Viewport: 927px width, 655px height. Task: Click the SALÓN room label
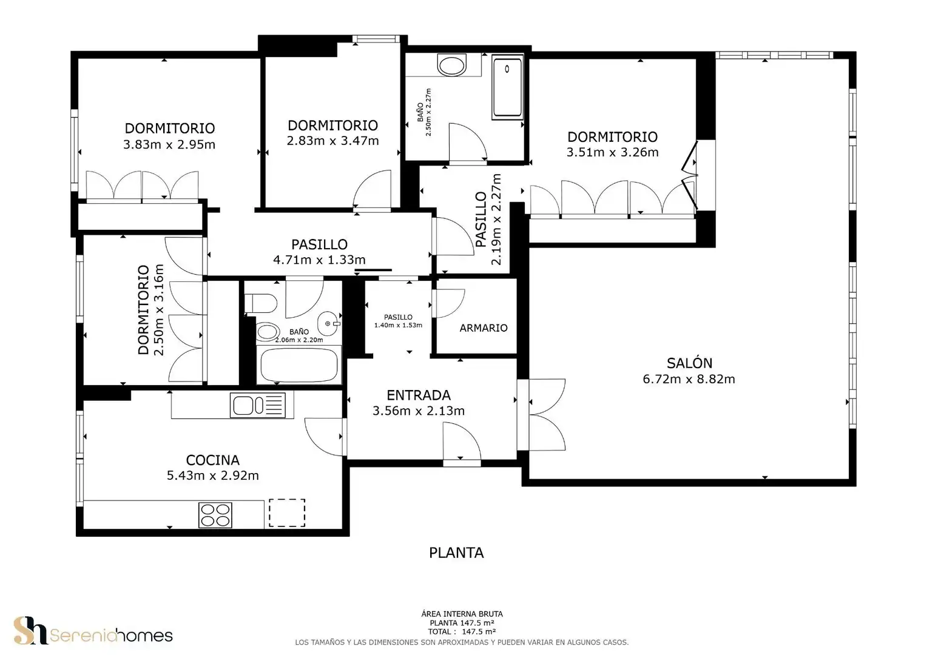click(689, 363)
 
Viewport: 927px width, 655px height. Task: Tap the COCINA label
click(213, 460)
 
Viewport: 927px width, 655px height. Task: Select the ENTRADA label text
click(419, 395)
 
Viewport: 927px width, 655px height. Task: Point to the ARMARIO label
click(484, 327)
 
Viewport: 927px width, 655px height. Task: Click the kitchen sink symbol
click(257, 405)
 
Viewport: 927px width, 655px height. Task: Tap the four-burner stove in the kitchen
click(215, 515)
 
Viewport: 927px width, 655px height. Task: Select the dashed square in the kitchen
click(287, 512)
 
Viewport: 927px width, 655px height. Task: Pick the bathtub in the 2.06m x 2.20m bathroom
click(299, 365)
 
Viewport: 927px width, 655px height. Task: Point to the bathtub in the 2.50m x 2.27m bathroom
click(508, 88)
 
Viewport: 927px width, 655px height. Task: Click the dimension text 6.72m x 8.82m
click(689, 379)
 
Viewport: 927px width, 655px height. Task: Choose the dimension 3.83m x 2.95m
click(169, 144)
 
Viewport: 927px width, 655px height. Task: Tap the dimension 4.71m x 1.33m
click(319, 260)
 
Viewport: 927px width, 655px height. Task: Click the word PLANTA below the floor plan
click(456, 553)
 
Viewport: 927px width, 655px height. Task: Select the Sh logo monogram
click(30, 631)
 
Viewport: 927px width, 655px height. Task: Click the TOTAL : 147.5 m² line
click(462, 632)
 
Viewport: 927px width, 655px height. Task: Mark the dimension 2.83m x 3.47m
click(332, 141)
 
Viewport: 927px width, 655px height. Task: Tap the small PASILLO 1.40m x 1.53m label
click(398, 321)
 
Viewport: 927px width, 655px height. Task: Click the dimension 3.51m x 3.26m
click(613, 152)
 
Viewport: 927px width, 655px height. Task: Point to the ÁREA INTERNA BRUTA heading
click(462, 614)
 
